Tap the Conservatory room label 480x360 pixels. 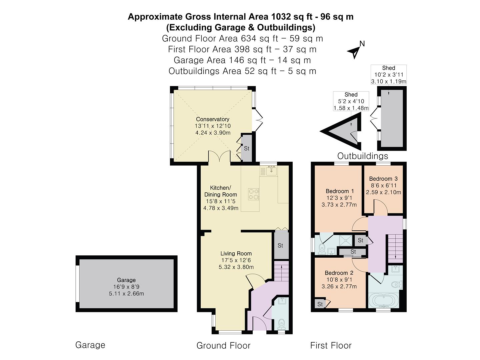pyautogui.click(x=213, y=119)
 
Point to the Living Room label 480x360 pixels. pyautogui.click(x=236, y=253)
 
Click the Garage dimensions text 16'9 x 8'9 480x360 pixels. pyautogui.click(x=126, y=287)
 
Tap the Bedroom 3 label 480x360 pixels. pyautogui.click(x=383, y=179)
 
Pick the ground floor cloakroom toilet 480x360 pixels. pyautogui.click(x=282, y=324)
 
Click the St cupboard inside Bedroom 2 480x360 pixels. pyautogui.click(x=320, y=304)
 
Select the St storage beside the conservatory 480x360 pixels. pyautogui.click(x=247, y=148)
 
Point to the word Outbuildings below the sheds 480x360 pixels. pyautogui.click(x=363, y=156)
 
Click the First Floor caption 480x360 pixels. pyautogui.click(x=331, y=346)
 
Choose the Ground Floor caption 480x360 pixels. pyautogui.click(x=223, y=346)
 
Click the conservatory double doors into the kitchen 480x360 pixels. pyautogui.click(x=219, y=157)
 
